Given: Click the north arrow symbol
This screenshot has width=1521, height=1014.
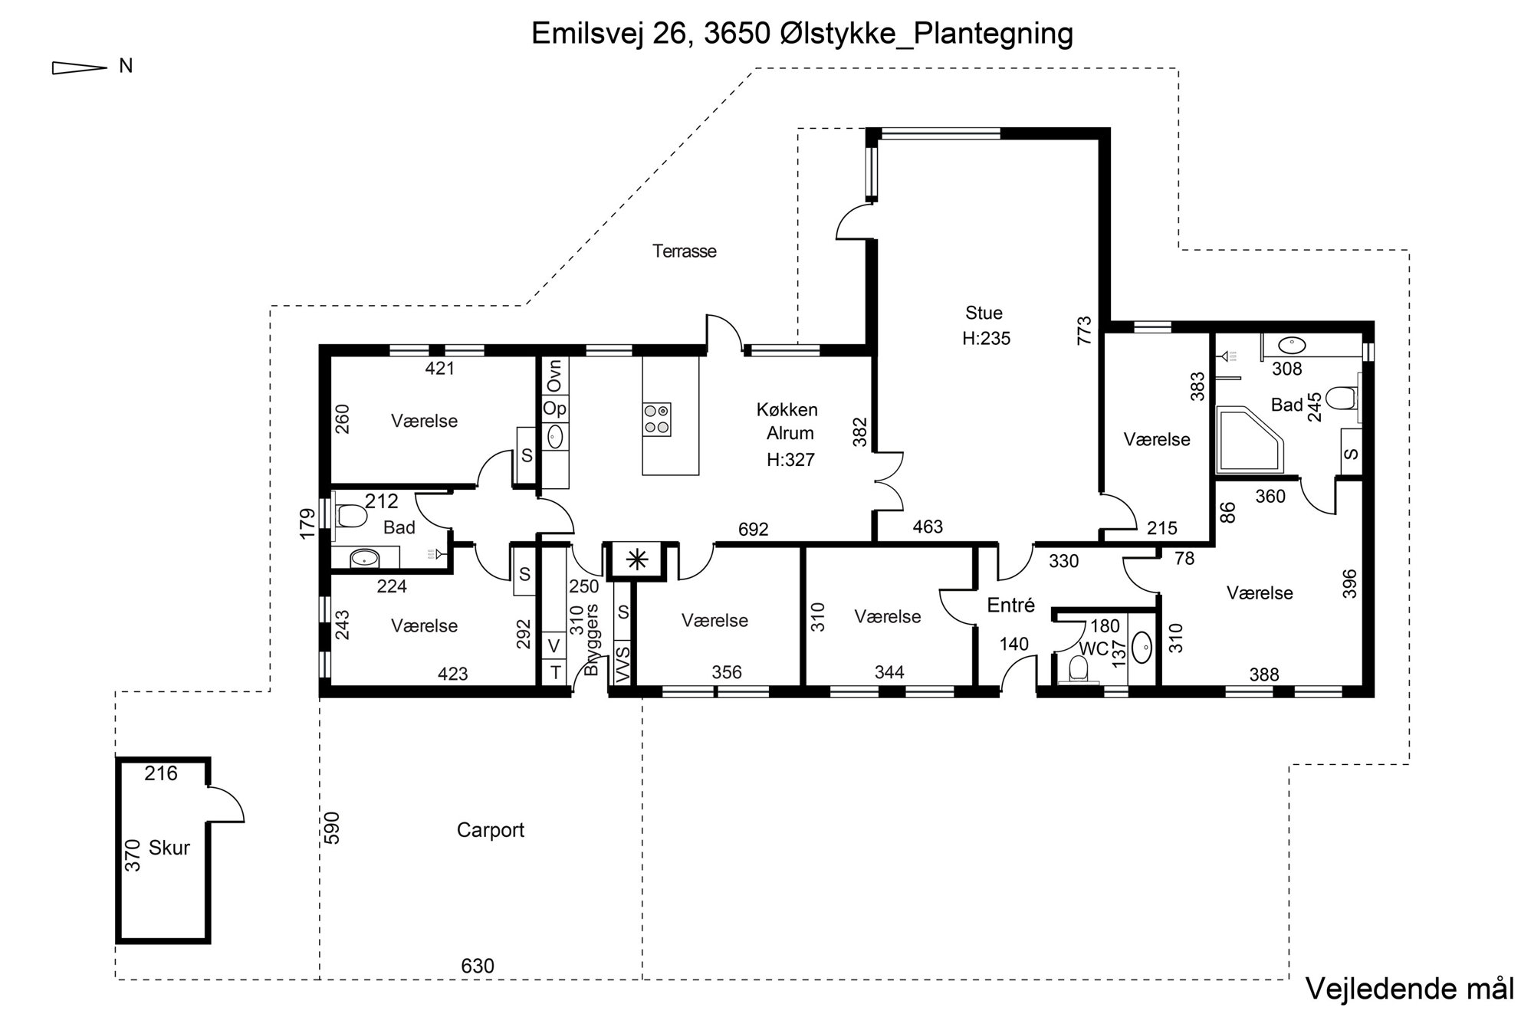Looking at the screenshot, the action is [x=79, y=68].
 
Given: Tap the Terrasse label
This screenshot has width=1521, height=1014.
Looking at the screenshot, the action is [x=685, y=251].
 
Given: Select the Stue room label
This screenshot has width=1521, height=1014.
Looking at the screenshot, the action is [x=984, y=313].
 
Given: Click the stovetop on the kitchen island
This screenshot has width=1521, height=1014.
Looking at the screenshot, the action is [x=657, y=419].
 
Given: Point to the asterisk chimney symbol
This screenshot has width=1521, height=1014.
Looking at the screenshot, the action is [x=637, y=560].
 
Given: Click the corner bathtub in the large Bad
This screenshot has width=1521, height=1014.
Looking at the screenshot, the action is [x=1250, y=439].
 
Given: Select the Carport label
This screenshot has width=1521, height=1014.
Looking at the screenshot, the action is [x=491, y=830].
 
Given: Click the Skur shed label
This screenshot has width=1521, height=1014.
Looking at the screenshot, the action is [x=169, y=848].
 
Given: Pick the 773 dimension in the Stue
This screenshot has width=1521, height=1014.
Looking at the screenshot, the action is [x=1084, y=330].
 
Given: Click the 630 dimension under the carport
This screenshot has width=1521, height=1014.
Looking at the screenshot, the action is [x=478, y=966].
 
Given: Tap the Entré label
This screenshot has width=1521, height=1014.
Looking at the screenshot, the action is [x=1011, y=605].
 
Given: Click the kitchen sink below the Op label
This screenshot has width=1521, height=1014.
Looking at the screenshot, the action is [x=555, y=437].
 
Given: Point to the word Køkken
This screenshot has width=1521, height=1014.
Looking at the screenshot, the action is [x=787, y=410].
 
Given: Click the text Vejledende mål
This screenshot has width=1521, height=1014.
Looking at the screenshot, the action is [x=1409, y=988].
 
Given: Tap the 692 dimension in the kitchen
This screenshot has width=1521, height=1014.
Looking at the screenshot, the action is [x=754, y=530].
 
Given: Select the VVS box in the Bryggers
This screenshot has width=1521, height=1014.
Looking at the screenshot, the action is [x=623, y=663].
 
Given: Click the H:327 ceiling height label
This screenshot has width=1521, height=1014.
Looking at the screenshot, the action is [x=790, y=460].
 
